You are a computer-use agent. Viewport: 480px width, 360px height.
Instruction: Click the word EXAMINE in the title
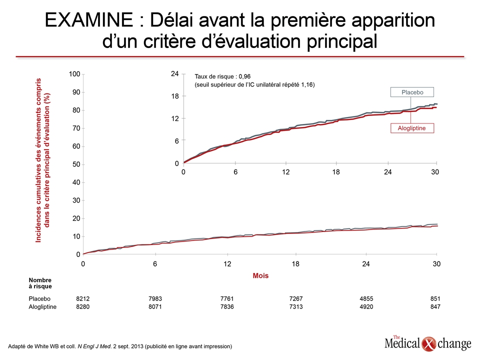(89, 20)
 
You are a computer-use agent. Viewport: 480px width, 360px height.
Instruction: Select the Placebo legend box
(412, 92)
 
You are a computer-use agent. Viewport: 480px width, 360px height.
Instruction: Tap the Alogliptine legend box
(412, 128)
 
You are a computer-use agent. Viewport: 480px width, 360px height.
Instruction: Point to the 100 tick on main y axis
(74, 74)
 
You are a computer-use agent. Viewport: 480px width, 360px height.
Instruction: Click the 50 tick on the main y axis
(76, 164)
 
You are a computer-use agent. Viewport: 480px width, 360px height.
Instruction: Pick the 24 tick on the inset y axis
(175, 74)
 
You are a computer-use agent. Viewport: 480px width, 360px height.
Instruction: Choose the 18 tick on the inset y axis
(175, 96)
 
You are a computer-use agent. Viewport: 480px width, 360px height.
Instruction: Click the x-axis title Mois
(260, 275)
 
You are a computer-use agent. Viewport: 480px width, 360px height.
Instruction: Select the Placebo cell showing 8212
(82, 298)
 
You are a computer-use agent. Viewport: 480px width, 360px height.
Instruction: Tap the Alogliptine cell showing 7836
(227, 306)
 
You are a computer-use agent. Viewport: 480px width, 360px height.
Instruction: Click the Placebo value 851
(435, 298)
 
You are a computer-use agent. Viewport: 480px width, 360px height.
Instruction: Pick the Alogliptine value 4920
(366, 306)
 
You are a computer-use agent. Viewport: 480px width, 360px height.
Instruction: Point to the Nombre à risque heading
(40, 283)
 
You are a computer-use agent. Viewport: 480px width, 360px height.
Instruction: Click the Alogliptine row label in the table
(42, 306)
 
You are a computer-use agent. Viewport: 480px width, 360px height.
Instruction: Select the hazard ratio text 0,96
(244, 76)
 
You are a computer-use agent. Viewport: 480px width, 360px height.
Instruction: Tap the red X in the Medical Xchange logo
(428, 344)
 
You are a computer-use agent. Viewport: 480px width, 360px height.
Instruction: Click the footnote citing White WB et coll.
(120, 346)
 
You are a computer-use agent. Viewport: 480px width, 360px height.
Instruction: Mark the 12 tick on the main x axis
(227, 264)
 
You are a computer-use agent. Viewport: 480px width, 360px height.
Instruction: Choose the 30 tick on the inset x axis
(434, 172)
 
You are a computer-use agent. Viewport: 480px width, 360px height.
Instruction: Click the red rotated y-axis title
(42, 160)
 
